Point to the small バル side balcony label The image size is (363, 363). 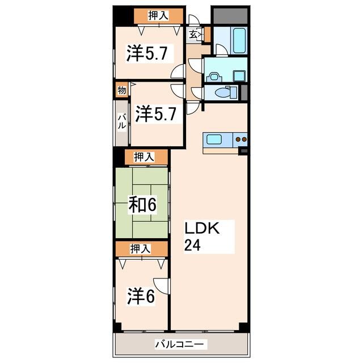121,123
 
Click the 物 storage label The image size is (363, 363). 121,90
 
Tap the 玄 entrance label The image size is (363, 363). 193,35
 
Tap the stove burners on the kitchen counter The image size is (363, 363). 241,138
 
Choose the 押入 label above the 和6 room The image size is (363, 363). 142,157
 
